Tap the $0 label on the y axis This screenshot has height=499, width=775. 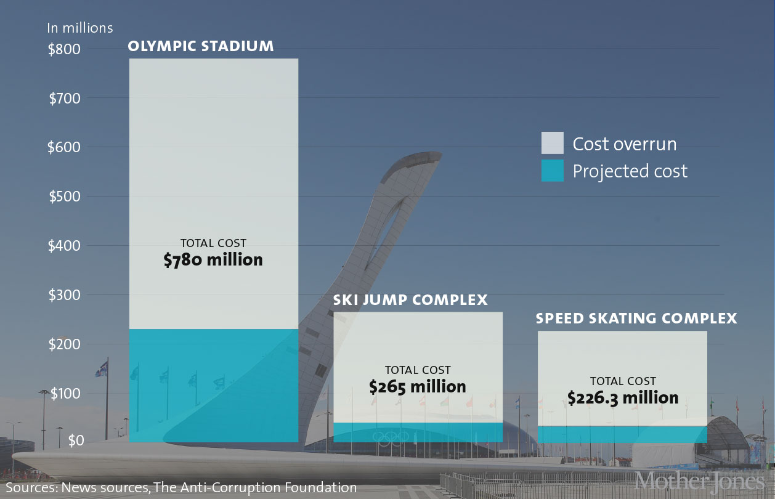pyautogui.click(x=76, y=440)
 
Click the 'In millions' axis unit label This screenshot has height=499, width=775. pyautogui.click(x=80, y=28)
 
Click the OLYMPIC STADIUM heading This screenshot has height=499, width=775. pyautogui.click(x=201, y=46)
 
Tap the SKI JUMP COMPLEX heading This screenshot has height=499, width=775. pyautogui.click(x=410, y=300)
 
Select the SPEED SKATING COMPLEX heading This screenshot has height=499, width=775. pyautogui.click(x=636, y=318)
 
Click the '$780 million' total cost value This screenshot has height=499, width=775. pyautogui.click(x=213, y=260)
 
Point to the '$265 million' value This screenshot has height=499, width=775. pyautogui.click(x=418, y=387)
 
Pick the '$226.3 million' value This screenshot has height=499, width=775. pyautogui.click(x=623, y=398)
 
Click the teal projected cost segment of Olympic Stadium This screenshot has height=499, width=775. pyautogui.click(x=213, y=385)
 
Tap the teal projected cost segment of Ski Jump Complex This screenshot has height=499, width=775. pyautogui.click(x=418, y=432)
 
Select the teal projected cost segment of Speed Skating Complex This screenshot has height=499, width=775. pyautogui.click(x=622, y=434)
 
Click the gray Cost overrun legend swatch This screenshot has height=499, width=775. pyautogui.click(x=553, y=143)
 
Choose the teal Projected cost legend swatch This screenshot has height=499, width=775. pyautogui.click(x=553, y=171)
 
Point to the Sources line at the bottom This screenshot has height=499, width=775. pyautogui.click(x=181, y=487)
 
